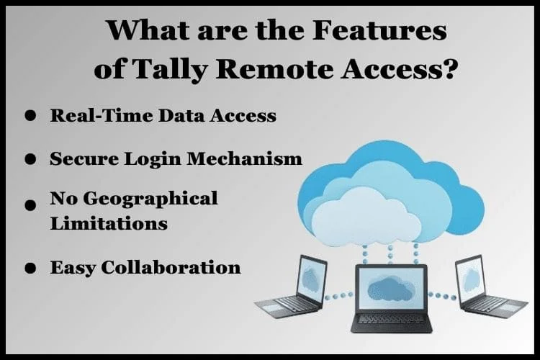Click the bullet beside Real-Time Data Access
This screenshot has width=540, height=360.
pos(30,115)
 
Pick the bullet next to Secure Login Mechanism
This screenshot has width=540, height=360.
pos(30,159)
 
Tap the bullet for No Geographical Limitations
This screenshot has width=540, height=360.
pos(30,204)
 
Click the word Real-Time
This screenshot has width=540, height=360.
pos(102,115)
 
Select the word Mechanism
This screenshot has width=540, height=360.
pos(245,159)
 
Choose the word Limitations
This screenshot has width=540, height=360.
pos(109,223)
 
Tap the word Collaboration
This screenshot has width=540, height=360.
pos(171,267)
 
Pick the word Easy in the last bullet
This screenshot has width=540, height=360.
pos(73,268)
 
